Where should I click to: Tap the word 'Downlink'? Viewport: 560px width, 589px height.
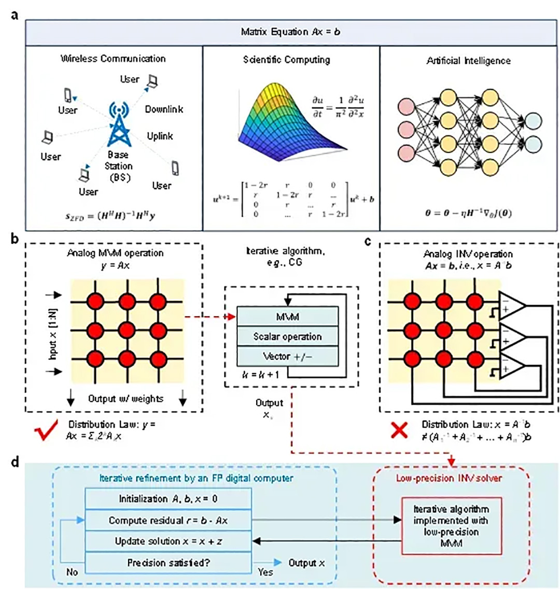coord(164,109)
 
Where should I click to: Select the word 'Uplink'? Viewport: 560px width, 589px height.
coord(160,136)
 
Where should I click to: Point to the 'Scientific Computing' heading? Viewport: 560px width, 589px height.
coord(286,60)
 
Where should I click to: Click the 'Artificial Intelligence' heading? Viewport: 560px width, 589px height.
coord(469,61)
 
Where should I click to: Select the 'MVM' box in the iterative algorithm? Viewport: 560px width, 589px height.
coord(288,316)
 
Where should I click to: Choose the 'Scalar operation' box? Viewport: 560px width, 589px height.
coord(288,336)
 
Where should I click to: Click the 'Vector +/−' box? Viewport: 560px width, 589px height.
coord(288,356)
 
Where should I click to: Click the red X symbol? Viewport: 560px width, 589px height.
coord(399,430)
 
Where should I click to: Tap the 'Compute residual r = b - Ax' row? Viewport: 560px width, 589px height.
coord(168,521)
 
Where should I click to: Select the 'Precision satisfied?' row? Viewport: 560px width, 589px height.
coord(168,563)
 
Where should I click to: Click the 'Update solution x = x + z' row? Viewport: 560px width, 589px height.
coord(168,542)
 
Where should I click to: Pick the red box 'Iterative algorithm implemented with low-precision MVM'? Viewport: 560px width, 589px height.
coord(452,525)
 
